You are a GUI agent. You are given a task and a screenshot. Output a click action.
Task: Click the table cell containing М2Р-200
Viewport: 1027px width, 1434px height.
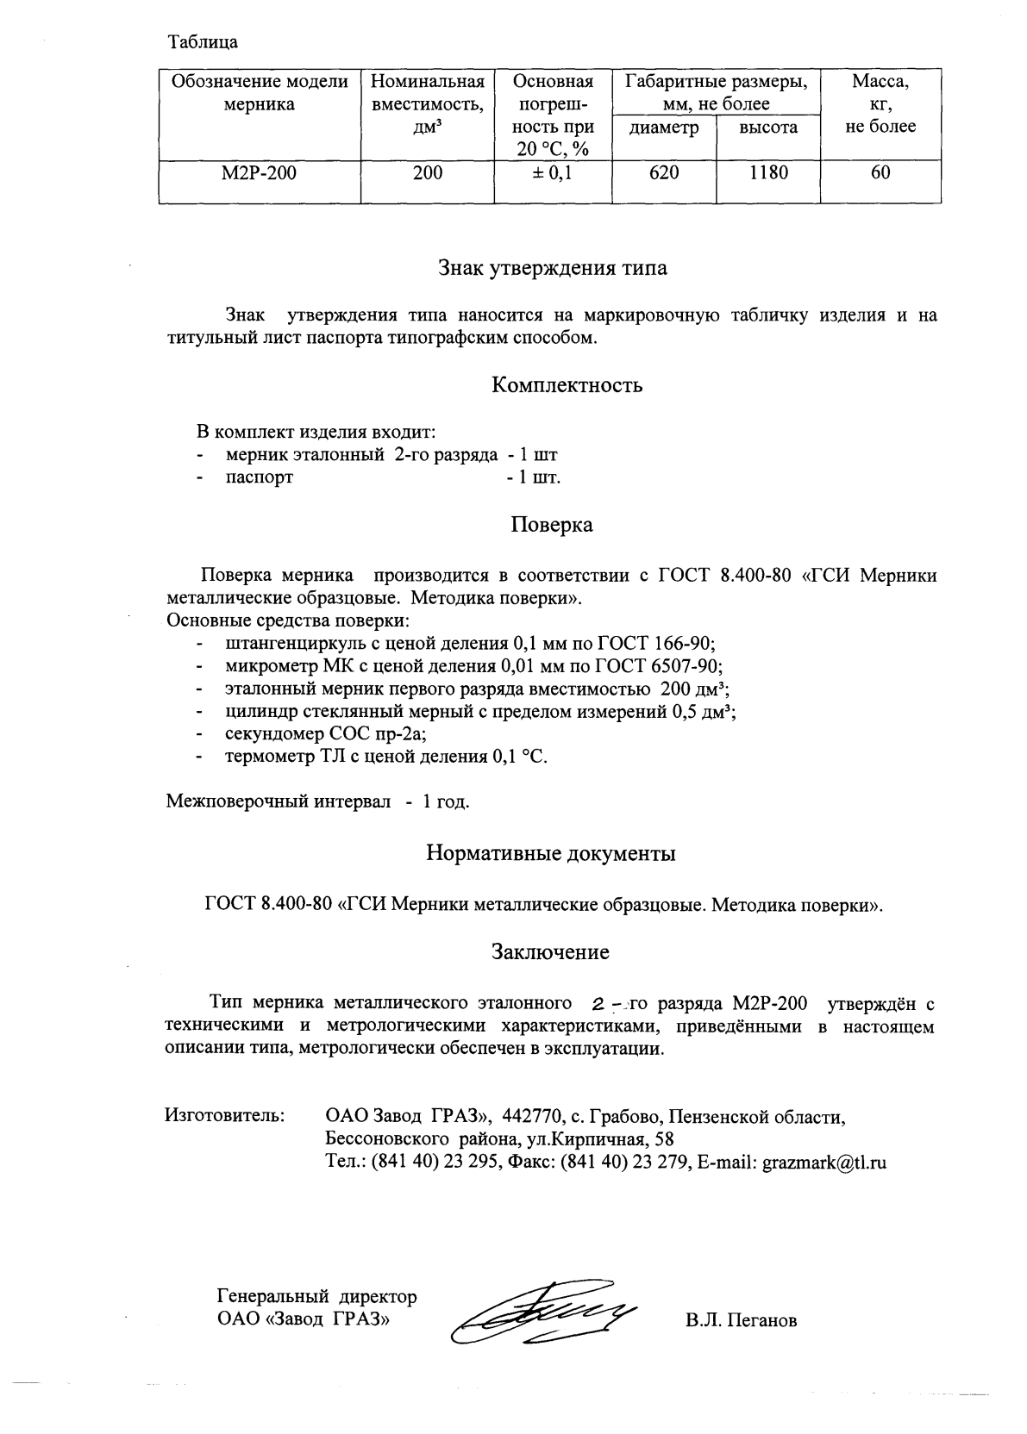coord(259,173)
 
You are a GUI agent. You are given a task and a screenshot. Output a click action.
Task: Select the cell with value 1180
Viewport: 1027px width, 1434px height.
coord(767,173)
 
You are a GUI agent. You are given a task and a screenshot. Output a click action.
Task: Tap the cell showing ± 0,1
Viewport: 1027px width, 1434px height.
coord(553,173)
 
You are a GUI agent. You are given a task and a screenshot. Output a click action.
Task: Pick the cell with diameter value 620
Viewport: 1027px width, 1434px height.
coord(663,173)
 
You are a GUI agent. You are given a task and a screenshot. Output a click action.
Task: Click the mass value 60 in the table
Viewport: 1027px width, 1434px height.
coord(880,173)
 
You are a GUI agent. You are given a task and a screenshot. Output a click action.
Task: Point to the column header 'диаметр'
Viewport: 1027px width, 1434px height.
coord(663,128)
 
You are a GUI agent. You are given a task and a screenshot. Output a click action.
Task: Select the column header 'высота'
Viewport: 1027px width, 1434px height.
coord(767,128)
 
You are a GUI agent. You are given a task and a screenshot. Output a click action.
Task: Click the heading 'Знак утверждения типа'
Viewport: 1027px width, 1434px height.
coord(553,268)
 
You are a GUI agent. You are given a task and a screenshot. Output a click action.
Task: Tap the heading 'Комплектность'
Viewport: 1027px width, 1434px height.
coord(567,385)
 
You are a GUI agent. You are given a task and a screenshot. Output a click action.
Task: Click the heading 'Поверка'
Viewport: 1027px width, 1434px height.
coord(551,525)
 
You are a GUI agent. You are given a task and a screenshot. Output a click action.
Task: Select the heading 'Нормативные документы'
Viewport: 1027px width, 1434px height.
coord(551,854)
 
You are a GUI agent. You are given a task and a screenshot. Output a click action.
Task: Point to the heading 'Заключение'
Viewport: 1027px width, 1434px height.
coord(550,952)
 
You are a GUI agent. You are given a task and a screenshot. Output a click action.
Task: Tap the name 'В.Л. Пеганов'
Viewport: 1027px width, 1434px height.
coord(742,1320)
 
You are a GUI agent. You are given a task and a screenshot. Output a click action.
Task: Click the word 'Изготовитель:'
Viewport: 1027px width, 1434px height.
coord(225,1118)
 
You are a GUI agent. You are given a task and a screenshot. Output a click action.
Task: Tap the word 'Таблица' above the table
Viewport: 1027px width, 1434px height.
coord(202,42)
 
